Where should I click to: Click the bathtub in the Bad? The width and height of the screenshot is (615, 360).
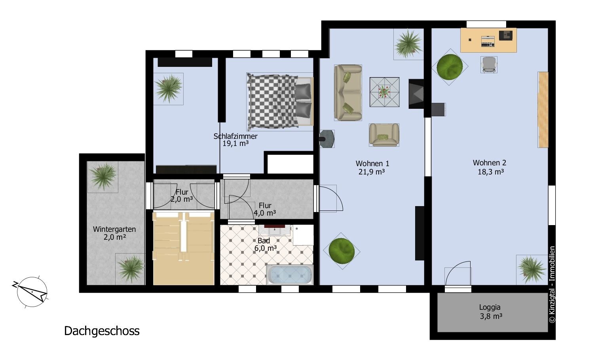pyautogui.click(x=290, y=275)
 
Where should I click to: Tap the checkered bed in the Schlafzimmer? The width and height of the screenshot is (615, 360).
pyautogui.click(x=280, y=102)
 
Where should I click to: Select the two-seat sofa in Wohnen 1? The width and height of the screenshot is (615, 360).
pyautogui.click(x=348, y=93)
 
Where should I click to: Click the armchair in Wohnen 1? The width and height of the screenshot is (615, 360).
pyautogui.click(x=384, y=135)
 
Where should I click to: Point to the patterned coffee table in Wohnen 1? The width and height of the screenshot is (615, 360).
pyautogui.click(x=384, y=92)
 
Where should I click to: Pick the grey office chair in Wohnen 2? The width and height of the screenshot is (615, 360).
pyautogui.click(x=489, y=64)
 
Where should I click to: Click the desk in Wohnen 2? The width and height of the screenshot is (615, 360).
pyautogui.click(x=488, y=40)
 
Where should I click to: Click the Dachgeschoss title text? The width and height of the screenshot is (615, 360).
pyautogui.click(x=102, y=331)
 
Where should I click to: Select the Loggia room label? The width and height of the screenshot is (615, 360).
pyautogui.click(x=490, y=307)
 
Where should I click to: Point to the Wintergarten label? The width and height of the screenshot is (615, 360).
pyautogui.click(x=114, y=229)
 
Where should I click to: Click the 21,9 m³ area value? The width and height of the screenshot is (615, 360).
pyautogui.click(x=372, y=172)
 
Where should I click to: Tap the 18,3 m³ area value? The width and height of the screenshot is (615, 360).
pyautogui.click(x=491, y=172)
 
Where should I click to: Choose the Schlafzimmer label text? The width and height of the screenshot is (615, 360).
pyautogui.click(x=235, y=136)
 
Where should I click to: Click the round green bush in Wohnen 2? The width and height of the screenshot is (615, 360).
pyautogui.click(x=450, y=67)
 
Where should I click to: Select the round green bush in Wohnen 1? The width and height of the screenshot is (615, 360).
pyautogui.click(x=342, y=251)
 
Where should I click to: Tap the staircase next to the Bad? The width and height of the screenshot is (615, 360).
pyautogui.click(x=183, y=248)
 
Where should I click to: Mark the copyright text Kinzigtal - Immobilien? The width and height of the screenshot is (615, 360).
pyautogui.click(x=552, y=284)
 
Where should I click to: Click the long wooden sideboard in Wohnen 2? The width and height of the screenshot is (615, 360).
pyautogui.click(x=543, y=110)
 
